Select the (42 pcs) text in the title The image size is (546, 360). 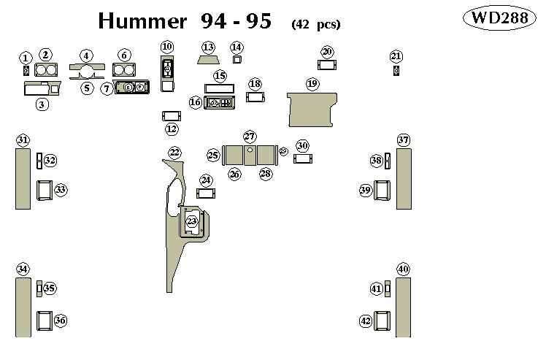315,24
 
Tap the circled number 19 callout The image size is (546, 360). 312,84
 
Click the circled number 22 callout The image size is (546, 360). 174,152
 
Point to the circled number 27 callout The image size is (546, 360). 250,137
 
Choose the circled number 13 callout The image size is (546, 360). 208,47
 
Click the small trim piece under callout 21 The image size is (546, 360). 396,71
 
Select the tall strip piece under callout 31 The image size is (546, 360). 23,178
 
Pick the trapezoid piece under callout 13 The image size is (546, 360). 208,60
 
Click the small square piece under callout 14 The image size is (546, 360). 237,60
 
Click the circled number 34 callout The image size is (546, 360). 23,269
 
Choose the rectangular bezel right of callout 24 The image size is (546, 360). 207,194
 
